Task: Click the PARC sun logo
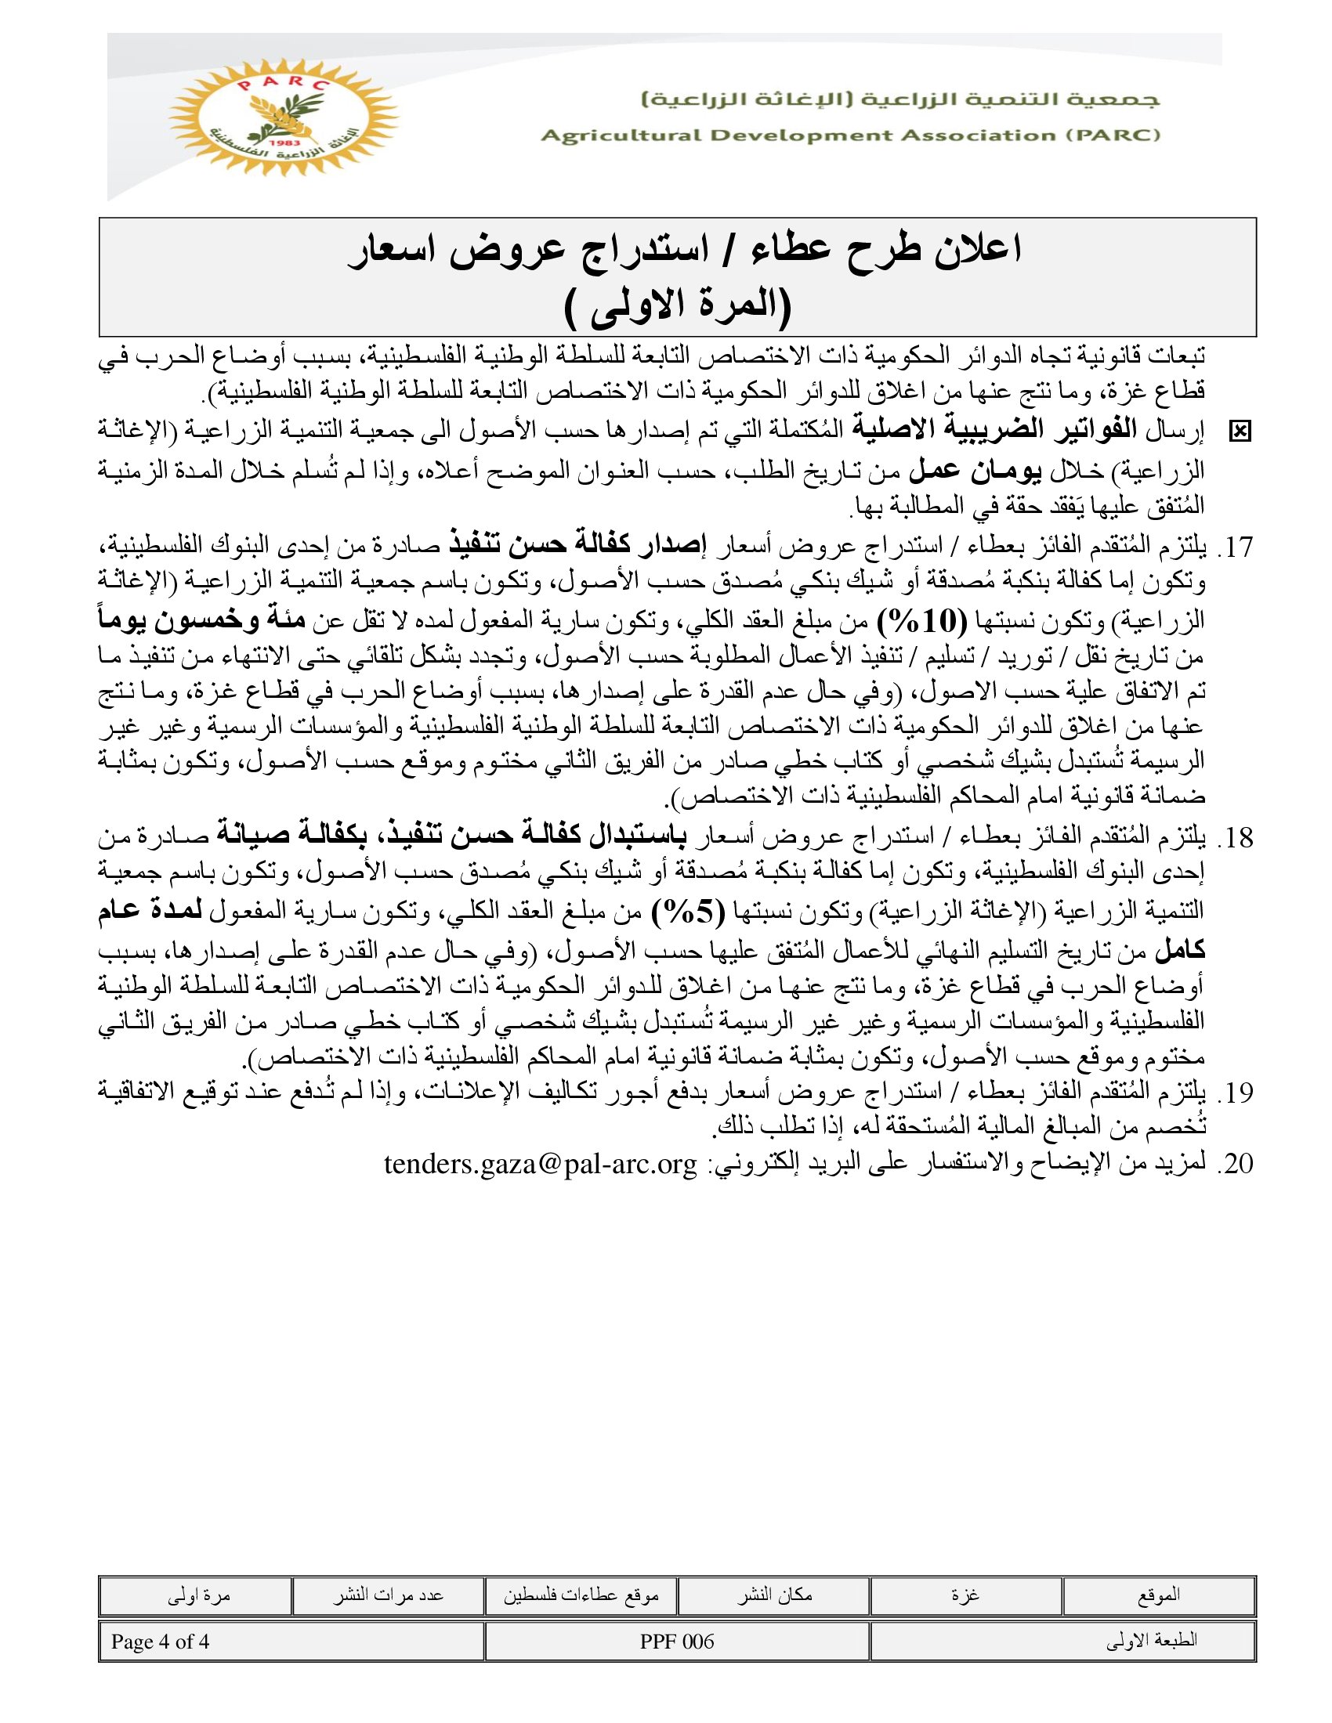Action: (x=284, y=117)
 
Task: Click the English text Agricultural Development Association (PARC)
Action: (x=850, y=135)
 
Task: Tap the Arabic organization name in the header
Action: (x=900, y=100)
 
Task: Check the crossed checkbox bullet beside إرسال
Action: (x=1240, y=432)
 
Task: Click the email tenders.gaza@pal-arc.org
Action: (x=541, y=1164)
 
